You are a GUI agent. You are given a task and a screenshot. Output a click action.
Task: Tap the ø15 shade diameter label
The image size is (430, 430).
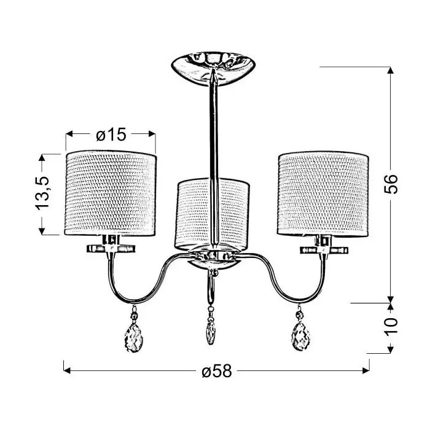[111, 135]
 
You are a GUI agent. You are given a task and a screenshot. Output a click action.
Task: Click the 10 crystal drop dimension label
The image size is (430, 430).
[391, 328]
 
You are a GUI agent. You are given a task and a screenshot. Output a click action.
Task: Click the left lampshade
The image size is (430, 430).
[111, 192]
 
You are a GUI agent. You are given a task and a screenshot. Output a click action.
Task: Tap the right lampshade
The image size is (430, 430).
[323, 192]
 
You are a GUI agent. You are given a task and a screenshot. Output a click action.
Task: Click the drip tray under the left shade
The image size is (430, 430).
[111, 248]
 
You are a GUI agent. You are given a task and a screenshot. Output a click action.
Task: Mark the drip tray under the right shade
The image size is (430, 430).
[324, 249]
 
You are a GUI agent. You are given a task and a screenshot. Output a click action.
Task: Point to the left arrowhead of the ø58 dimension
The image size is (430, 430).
[66, 370]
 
